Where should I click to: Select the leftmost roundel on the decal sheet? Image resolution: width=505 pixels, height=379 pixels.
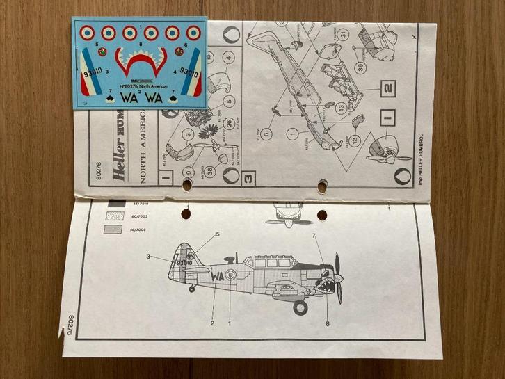pos(87,32)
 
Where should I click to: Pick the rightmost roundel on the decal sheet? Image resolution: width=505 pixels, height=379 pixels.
pos(193,33)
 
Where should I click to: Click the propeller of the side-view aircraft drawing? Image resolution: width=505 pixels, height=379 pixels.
pos(339,278)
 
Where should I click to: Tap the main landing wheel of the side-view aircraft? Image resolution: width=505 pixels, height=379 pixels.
pos(300,306)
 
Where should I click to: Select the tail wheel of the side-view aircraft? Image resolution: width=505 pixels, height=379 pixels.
pos(191,288)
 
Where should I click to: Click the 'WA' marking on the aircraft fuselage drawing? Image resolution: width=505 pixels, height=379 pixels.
pos(218,275)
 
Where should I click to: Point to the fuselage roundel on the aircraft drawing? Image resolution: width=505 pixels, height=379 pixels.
pos(232,275)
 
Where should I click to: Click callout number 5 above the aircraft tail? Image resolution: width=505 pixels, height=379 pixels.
pos(217,234)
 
